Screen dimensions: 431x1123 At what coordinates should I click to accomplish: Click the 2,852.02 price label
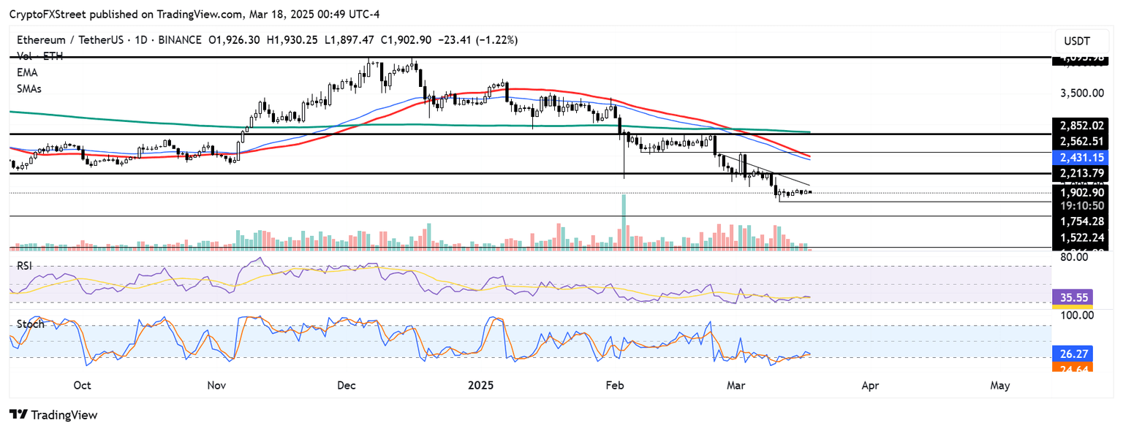pyautogui.click(x=1082, y=125)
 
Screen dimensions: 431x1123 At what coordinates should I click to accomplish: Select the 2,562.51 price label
pyautogui.click(x=1082, y=140)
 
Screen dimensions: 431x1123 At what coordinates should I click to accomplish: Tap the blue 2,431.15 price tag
pyautogui.click(x=1082, y=157)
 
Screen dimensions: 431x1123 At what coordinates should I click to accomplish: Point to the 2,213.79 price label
pyautogui.click(x=1082, y=173)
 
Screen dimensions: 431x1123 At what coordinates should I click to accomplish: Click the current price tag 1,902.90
pyautogui.click(x=1082, y=193)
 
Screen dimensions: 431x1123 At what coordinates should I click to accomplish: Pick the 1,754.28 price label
pyautogui.click(x=1082, y=221)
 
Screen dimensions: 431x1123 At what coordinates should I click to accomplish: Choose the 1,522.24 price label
pyautogui.click(x=1082, y=237)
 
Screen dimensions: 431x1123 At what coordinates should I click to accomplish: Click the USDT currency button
pyautogui.click(x=1082, y=41)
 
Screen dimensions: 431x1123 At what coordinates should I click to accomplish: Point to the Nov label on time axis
pyautogui.click(x=216, y=385)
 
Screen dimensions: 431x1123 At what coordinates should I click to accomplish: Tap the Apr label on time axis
pyautogui.click(x=870, y=385)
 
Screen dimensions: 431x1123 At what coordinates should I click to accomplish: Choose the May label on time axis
pyautogui.click(x=1000, y=385)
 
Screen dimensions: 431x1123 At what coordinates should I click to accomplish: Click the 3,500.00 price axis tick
pyautogui.click(x=1082, y=94)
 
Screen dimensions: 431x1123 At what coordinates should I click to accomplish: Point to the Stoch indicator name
pyautogui.click(x=31, y=324)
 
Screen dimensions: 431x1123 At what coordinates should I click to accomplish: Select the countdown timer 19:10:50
pyautogui.click(x=1082, y=206)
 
